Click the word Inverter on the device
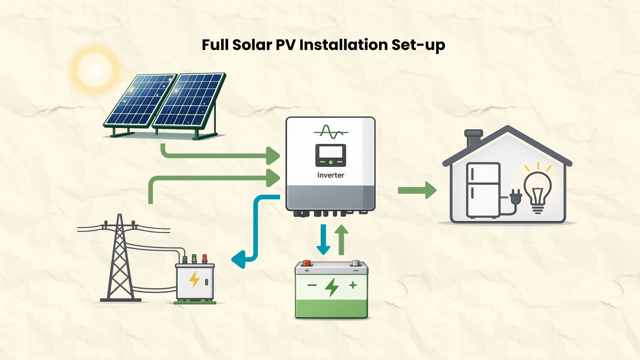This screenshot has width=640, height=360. [x=330, y=175]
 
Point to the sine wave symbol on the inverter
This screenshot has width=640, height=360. [x=331, y=132]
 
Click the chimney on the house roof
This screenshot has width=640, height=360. [x=473, y=138]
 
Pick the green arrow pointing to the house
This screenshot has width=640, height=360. [x=417, y=190]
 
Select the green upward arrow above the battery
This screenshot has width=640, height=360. [x=341, y=239]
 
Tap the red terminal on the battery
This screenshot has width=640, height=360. [x=307, y=263]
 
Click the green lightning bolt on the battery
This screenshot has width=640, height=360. [x=332, y=287]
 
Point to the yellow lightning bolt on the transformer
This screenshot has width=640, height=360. [x=194, y=279]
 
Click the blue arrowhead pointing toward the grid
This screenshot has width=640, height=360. [x=239, y=259]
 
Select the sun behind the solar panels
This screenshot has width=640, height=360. [x=95, y=70]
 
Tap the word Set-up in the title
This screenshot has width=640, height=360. [x=418, y=45]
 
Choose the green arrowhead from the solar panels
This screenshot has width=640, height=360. [x=273, y=156]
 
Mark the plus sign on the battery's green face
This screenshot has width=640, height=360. [x=353, y=285]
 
